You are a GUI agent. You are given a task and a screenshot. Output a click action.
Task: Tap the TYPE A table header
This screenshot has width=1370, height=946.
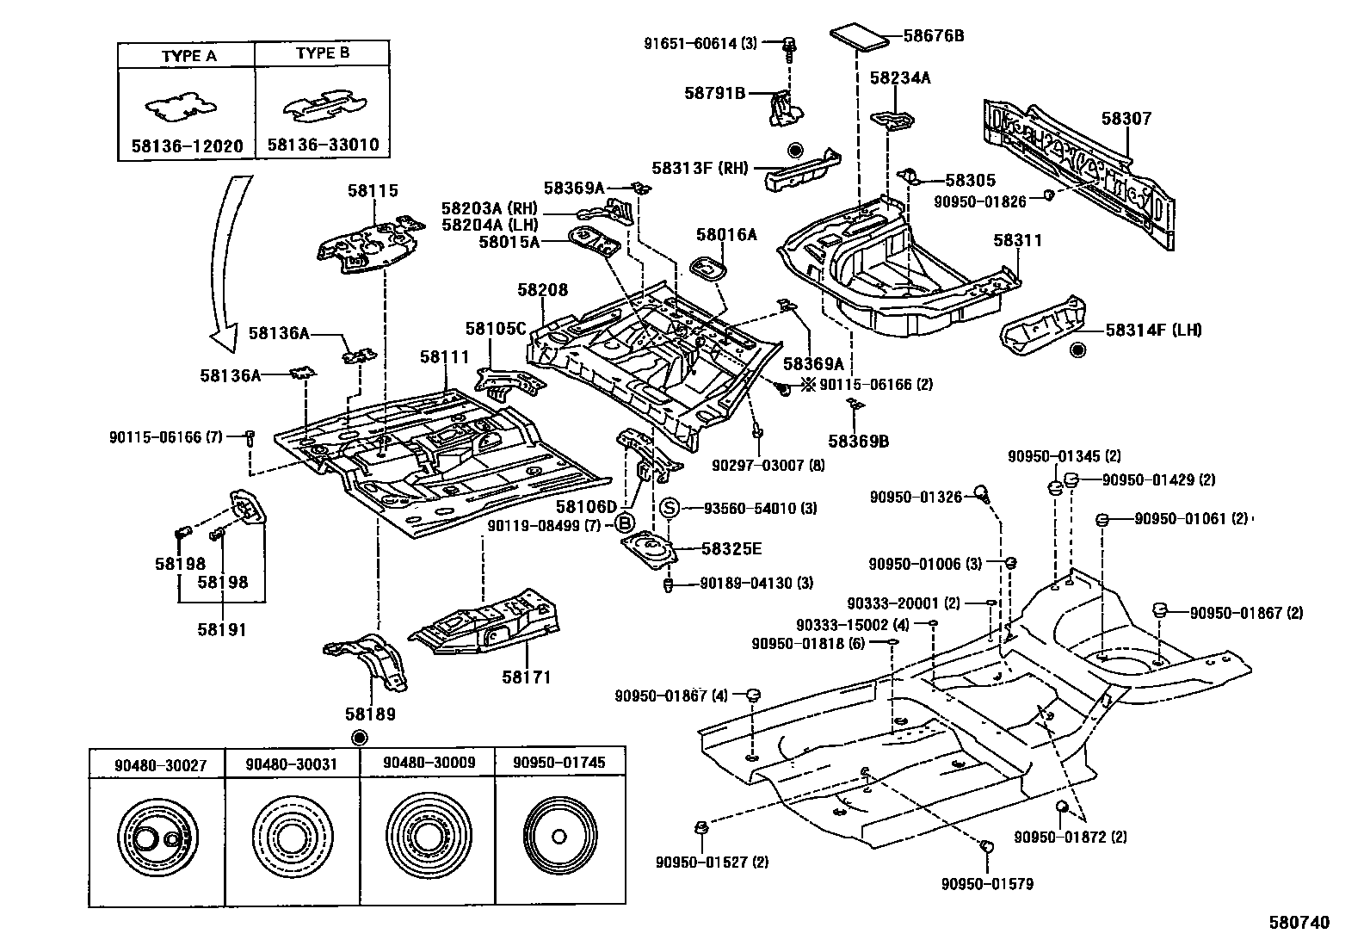pyautogui.click(x=188, y=56)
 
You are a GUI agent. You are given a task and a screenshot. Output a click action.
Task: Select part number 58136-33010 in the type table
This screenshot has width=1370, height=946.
pyautogui.click(x=323, y=145)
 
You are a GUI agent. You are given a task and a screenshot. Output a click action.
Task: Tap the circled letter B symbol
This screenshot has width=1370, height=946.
pyautogui.click(x=625, y=524)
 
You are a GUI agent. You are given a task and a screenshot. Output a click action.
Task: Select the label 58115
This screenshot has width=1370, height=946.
pyautogui.click(x=373, y=190)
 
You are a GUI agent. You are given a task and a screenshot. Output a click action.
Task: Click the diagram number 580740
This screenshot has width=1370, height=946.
pyautogui.click(x=1299, y=923)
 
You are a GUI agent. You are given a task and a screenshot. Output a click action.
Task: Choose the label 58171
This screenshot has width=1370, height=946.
pyautogui.click(x=526, y=677)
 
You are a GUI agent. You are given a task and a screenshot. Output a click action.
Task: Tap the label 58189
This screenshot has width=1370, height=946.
pyautogui.click(x=371, y=714)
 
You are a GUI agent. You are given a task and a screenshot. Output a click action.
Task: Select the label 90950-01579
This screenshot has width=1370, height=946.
pyautogui.click(x=986, y=883)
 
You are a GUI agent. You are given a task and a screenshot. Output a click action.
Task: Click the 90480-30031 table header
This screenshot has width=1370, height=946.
pyautogui.click(x=291, y=764)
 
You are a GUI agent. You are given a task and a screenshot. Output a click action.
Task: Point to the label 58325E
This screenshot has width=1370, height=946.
pyautogui.click(x=731, y=548)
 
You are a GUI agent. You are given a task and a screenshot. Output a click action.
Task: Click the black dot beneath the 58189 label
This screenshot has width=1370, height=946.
pyautogui.click(x=359, y=737)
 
